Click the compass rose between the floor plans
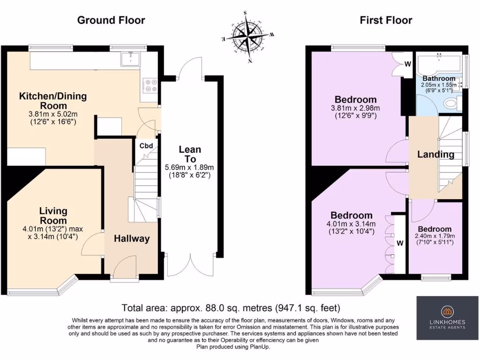[x=248, y=36]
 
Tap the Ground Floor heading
[x=111, y=20]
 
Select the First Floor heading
[x=386, y=20]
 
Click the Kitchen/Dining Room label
[x=53, y=101]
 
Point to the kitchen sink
[x=129, y=59]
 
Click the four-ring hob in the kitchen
[x=150, y=85]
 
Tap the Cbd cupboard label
[x=146, y=145]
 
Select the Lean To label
[x=190, y=154]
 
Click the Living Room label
[x=53, y=216]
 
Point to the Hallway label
[x=132, y=239]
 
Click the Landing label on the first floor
[x=436, y=154]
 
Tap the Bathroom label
[x=439, y=78]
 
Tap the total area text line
[x=231, y=308]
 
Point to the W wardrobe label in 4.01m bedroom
[x=400, y=243]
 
